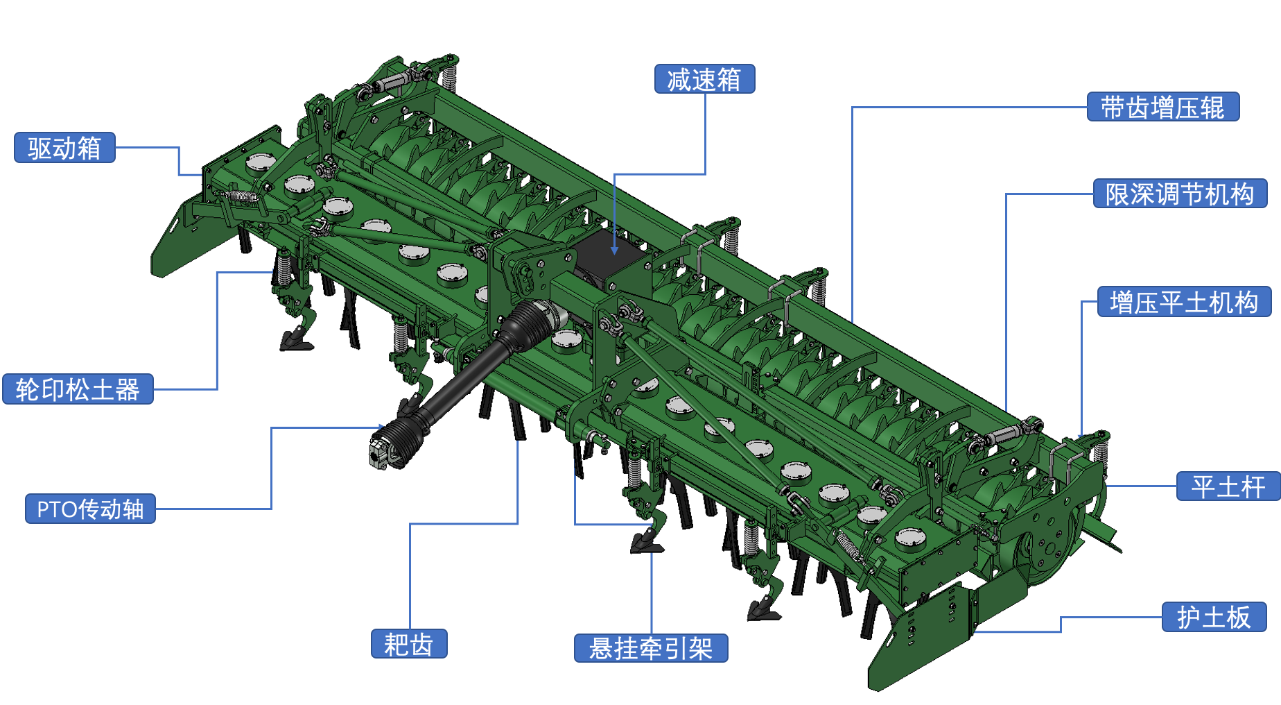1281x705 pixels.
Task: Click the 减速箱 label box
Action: [x=704, y=79]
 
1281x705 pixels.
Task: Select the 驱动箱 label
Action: [x=64, y=148]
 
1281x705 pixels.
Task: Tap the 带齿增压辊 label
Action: [x=1163, y=107]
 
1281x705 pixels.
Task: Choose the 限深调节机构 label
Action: [x=1180, y=194]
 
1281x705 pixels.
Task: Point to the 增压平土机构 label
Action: [x=1184, y=302]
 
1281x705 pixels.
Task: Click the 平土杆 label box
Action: [x=1228, y=486]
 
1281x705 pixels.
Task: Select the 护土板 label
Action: [x=1214, y=616]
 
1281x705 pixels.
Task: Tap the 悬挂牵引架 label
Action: [x=651, y=648]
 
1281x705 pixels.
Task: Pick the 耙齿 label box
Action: [x=409, y=644]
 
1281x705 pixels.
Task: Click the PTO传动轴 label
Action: [x=90, y=509]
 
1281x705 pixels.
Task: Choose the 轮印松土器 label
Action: [x=78, y=389]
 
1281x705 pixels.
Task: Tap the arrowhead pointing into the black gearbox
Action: [x=614, y=250]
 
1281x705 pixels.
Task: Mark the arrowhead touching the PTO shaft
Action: [x=381, y=427]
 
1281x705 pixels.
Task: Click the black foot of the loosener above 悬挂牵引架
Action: [x=647, y=543]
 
